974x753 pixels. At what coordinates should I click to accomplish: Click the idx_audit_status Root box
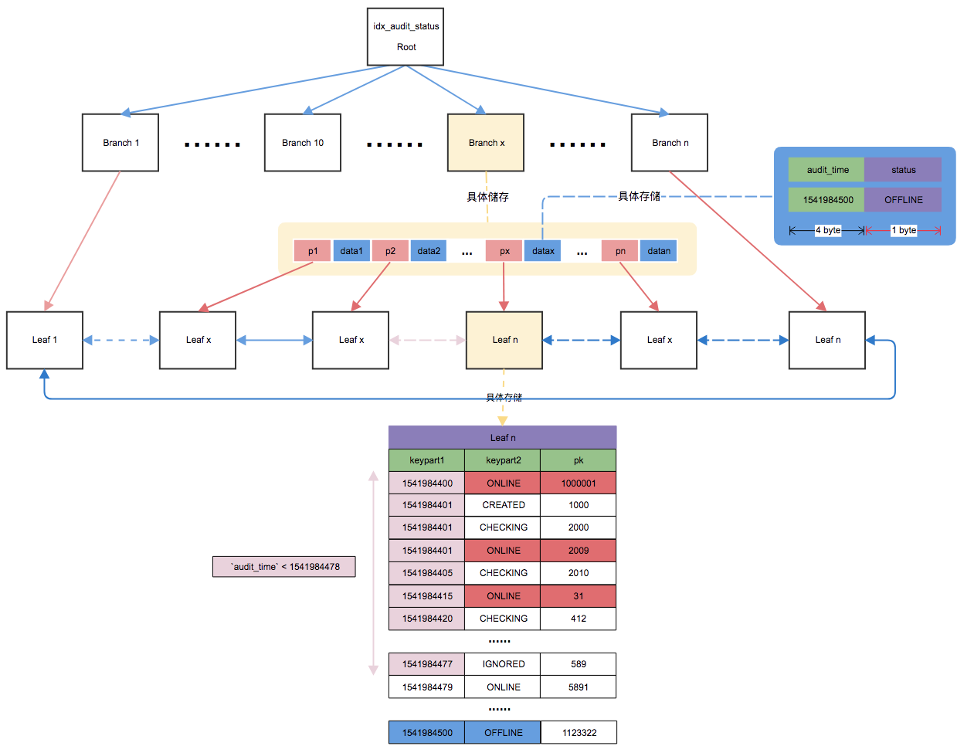(406, 37)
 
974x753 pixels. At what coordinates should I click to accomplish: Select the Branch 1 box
(120, 143)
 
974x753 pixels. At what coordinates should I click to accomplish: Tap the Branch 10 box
(303, 143)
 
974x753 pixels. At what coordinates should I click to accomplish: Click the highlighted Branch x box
(486, 143)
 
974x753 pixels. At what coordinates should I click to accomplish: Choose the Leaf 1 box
(45, 340)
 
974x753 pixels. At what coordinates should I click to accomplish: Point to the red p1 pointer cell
(313, 251)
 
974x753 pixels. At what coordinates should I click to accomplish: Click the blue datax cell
(543, 251)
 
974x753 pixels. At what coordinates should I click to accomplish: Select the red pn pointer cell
(620, 251)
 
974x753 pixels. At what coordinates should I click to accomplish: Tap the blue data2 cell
(429, 251)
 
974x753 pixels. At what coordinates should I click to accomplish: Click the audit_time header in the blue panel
(826, 170)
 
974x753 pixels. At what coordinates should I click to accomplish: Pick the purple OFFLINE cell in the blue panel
(903, 199)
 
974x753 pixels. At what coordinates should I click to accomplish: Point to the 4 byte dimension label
(828, 230)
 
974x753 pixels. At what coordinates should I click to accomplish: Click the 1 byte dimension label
(904, 230)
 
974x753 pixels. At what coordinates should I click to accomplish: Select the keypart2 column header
(503, 460)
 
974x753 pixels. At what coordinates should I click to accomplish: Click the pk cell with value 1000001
(579, 483)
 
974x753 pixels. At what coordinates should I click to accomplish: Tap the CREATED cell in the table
(503, 505)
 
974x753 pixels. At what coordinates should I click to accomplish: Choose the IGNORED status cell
(503, 664)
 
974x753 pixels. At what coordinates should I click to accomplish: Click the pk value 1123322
(579, 733)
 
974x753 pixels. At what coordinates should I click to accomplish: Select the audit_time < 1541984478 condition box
(284, 567)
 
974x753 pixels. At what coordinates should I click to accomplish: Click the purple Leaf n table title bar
(503, 437)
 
